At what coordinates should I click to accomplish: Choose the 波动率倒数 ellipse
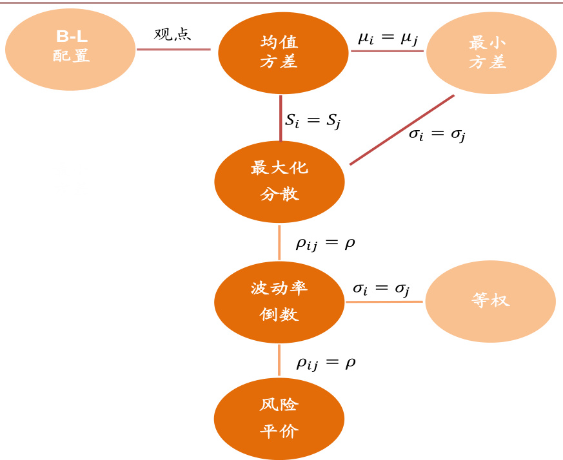click(279, 302)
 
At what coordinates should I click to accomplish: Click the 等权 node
click(490, 301)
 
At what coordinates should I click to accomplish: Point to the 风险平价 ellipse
click(279, 419)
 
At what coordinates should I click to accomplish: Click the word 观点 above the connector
click(173, 34)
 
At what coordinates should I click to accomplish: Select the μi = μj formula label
click(388, 37)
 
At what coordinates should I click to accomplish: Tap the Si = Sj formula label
click(312, 120)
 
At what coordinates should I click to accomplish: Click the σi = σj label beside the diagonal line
click(437, 135)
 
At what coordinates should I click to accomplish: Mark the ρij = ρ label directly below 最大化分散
click(325, 243)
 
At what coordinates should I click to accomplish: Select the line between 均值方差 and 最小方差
click(386, 51)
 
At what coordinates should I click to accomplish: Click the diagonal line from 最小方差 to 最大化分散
click(402, 130)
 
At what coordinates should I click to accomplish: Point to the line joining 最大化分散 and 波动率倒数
click(279, 243)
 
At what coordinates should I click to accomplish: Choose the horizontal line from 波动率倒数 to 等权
click(384, 302)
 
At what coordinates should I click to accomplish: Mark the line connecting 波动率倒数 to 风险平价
click(279, 360)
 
